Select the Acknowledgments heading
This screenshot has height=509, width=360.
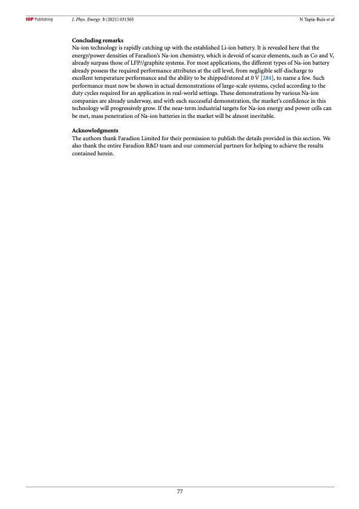95,131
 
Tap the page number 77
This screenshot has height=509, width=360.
180,491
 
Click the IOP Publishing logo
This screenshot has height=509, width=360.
39,20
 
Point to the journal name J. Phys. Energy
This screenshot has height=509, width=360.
85,20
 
